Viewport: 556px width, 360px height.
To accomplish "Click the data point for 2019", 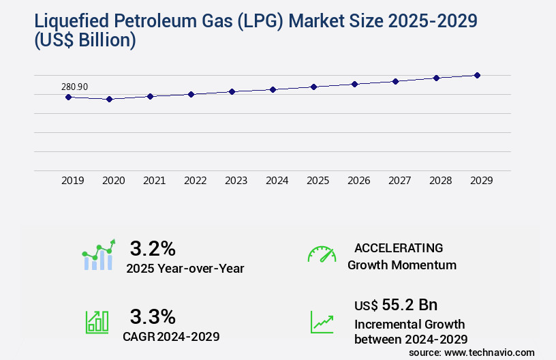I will (68, 97).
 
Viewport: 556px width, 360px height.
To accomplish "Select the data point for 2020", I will (109, 99).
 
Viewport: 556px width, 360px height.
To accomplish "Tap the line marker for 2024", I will (273, 89).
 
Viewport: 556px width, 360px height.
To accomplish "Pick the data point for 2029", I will (477, 75).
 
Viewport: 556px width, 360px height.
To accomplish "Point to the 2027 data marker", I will (395, 81).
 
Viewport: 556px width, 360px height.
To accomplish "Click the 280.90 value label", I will (74, 87).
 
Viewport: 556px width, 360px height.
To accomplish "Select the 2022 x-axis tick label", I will (196, 181).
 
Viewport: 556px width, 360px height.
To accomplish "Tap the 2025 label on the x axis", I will (318, 181).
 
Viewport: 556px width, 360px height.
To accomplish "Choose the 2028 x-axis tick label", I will (441, 181).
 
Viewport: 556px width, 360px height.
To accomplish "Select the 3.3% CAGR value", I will (153, 316).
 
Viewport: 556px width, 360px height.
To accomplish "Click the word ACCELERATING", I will (399, 247).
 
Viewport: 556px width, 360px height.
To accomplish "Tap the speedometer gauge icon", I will (322, 254).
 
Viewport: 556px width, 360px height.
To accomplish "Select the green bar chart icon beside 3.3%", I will (97, 322).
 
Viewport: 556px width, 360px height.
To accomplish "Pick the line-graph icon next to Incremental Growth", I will (322, 322).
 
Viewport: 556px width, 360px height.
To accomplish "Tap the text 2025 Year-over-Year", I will (185, 268).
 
